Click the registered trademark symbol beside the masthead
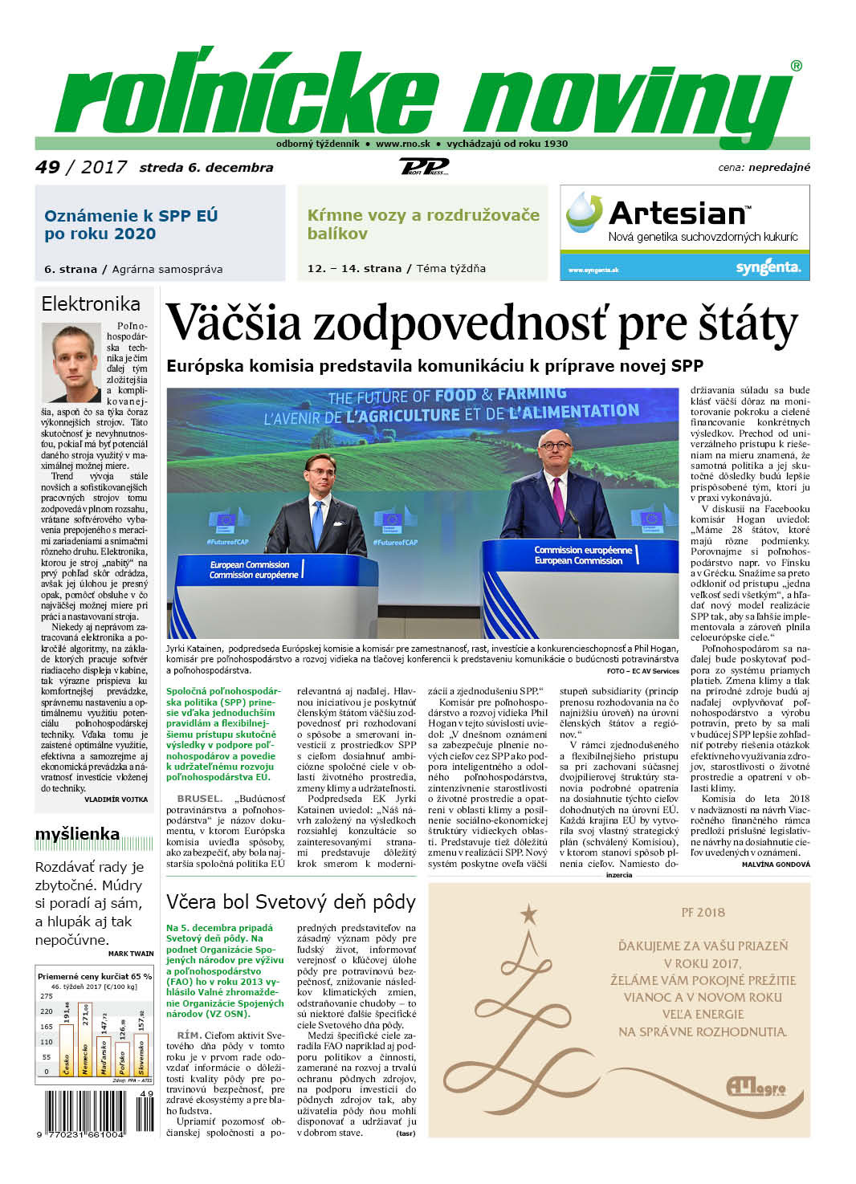[796, 66]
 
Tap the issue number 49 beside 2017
[47, 167]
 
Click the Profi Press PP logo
[423, 167]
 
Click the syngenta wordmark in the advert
[768, 267]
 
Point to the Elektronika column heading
[91, 304]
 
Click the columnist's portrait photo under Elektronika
[71, 362]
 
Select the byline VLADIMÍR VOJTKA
[116, 800]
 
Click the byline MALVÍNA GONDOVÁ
[776, 865]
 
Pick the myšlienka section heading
[77, 835]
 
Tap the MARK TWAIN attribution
[131, 954]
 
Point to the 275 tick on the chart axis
[46, 996]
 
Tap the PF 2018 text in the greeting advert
[703, 913]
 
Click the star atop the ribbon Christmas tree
[528, 913]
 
